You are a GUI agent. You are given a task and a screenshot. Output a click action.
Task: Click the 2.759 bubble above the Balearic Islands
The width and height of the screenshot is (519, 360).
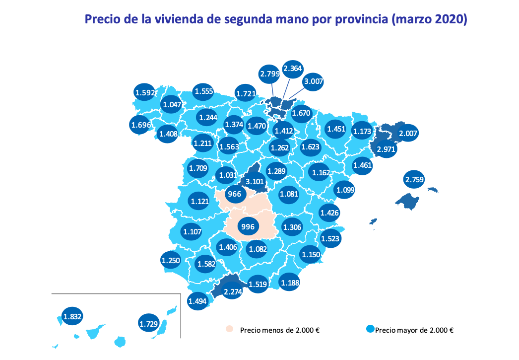click(414, 180)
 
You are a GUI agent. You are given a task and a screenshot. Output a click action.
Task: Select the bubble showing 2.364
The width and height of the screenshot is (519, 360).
click(293, 69)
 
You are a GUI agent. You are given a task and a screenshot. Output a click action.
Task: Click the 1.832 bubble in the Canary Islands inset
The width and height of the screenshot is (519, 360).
click(72, 316)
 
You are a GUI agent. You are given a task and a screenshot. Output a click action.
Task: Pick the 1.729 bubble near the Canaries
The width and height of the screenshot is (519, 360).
click(148, 324)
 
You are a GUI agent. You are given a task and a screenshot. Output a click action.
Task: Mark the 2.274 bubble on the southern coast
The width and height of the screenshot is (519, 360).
click(232, 292)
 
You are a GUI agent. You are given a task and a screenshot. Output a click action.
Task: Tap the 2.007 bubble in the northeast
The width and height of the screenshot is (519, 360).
click(408, 133)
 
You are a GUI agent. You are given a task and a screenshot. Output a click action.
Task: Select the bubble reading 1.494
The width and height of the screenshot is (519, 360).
click(197, 300)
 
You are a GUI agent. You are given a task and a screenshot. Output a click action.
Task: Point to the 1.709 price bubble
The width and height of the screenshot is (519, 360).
click(197, 168)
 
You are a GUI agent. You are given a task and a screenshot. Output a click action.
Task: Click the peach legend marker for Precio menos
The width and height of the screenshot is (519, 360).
click(229, 329)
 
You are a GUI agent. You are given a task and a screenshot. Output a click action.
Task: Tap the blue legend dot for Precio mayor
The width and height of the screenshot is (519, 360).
click(370, 329)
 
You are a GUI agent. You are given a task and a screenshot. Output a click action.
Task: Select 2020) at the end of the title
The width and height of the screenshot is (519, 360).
click(451, 20)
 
